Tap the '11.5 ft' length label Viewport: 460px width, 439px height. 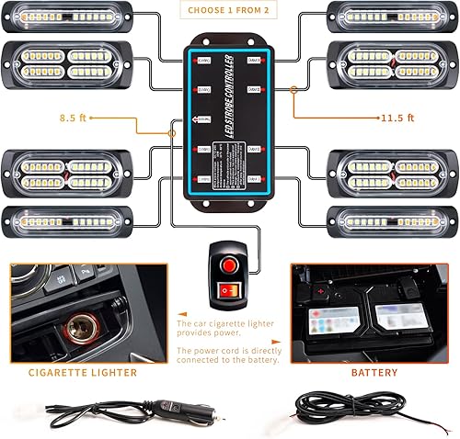point(397,118)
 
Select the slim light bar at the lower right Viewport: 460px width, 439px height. point(391,221)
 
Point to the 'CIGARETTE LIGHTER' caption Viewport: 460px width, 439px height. point(82,372)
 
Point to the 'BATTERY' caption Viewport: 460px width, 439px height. point(374,372)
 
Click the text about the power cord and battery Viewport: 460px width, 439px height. point(225,355)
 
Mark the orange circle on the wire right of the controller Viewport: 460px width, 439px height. point(293,90)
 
